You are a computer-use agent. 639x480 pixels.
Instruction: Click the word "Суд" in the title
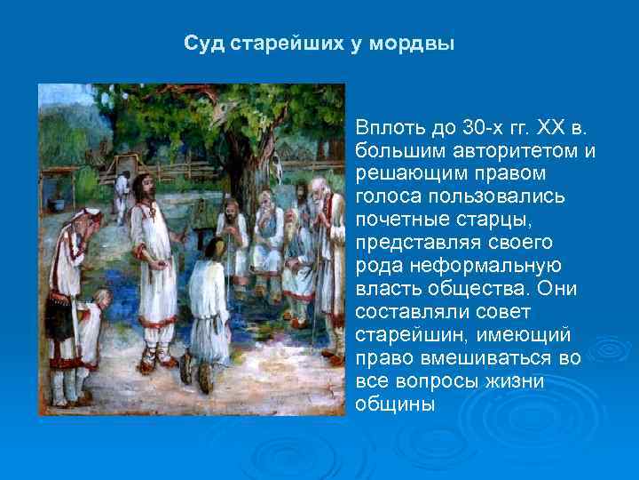pos(206,44)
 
